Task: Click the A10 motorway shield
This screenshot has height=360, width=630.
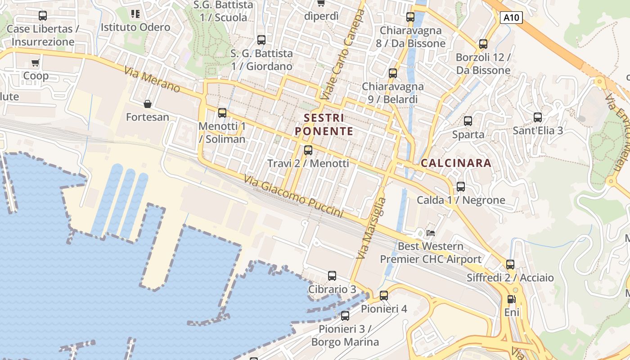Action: [511, 18]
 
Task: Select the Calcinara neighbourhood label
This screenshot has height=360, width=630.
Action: [456, 163]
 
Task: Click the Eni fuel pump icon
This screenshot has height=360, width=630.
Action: [511, 299]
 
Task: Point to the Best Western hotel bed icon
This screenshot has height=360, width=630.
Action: [431, 233]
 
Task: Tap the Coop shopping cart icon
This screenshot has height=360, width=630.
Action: [36, 63]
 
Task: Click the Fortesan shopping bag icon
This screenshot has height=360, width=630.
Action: [147, 104]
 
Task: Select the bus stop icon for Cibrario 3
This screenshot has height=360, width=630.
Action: [332, 276]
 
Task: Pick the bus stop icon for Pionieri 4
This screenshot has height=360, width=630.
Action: [384, 296]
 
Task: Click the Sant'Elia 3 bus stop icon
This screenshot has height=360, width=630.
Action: [538, 117]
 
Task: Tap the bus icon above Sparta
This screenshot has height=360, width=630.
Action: [468, 121]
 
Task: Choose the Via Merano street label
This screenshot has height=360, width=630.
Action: [153, 80]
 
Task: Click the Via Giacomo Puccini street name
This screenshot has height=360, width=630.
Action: [294, 197]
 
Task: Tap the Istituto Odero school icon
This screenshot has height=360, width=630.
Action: [135, 14]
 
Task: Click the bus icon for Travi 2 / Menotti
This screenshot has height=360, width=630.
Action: [308, 150]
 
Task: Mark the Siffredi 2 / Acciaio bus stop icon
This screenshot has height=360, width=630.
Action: [510, 265]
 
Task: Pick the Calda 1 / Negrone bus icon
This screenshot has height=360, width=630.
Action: [461, 187]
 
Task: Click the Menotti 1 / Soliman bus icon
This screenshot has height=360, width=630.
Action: [222, 113]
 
